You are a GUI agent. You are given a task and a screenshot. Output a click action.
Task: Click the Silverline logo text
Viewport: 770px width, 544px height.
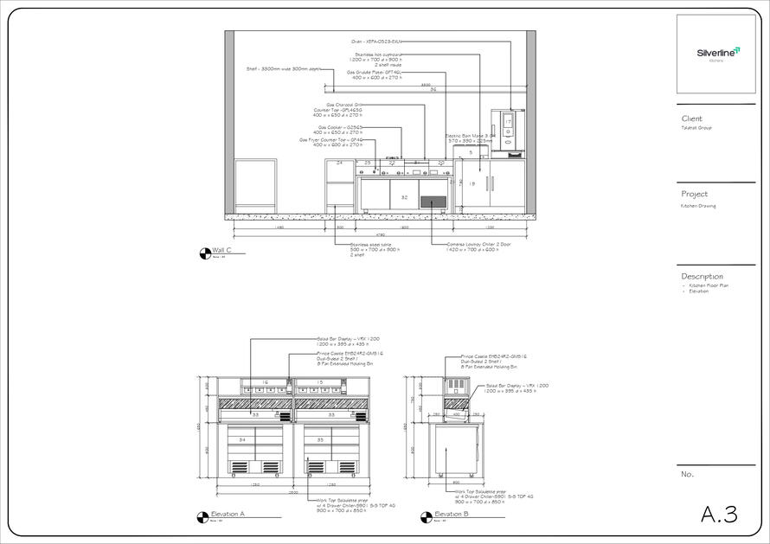point(717,53)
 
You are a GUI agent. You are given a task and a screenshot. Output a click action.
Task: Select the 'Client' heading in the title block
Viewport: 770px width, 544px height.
point(692,118)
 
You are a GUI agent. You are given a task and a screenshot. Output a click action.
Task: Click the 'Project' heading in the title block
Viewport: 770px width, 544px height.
point(695,195)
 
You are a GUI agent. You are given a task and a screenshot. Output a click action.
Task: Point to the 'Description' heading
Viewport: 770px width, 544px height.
point(702,277)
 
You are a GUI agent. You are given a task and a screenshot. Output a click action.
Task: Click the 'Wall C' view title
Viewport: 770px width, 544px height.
point(222,251)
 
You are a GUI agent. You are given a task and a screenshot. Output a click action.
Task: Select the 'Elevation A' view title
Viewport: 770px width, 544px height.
point(229,514)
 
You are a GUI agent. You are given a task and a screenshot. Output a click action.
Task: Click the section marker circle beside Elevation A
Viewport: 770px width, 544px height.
point(203,516)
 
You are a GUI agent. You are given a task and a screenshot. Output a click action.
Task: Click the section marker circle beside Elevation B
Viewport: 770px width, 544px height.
point(425,516)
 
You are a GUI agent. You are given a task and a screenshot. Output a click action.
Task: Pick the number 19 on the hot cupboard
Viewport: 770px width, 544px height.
point(472,184)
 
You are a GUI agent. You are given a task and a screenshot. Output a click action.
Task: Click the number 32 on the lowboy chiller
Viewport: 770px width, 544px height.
point(404,198)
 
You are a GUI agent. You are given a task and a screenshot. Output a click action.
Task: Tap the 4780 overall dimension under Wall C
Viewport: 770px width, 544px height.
point(380,234)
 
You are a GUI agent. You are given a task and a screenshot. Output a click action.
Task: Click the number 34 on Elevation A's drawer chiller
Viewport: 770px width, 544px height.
point(242,440)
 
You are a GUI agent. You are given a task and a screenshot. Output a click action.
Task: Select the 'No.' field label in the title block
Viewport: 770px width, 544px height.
point(688,474)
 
